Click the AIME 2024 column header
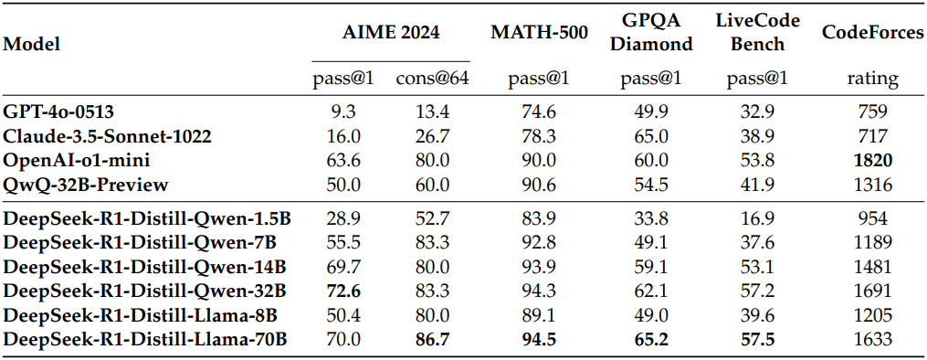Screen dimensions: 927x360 (391, 33)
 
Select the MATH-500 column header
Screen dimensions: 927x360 (539, 33)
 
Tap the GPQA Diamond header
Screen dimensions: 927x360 (651, 33)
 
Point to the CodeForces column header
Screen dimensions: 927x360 (872, 33)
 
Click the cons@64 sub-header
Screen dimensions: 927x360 (433, 79)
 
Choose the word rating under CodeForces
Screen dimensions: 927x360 (872, 79)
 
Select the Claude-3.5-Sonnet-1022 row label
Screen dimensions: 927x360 (108, 136)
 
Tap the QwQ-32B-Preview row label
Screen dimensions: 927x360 (86, 185)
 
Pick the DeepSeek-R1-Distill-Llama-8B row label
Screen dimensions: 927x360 (141, 315)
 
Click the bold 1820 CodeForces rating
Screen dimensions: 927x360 (872, 161)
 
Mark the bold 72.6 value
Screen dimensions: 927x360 (343, 291)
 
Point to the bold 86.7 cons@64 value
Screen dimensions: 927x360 (433, 340)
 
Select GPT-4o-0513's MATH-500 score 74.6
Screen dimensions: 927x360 (539, 111)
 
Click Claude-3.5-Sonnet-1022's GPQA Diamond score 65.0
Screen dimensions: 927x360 (651, 136)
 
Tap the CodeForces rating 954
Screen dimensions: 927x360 (872, 218)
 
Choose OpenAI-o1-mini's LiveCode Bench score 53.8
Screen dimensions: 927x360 (757, 161)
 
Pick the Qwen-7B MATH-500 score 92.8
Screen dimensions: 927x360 (539, 242)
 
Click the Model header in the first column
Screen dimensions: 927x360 (32, 44)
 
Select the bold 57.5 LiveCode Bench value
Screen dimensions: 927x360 (757, 340)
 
